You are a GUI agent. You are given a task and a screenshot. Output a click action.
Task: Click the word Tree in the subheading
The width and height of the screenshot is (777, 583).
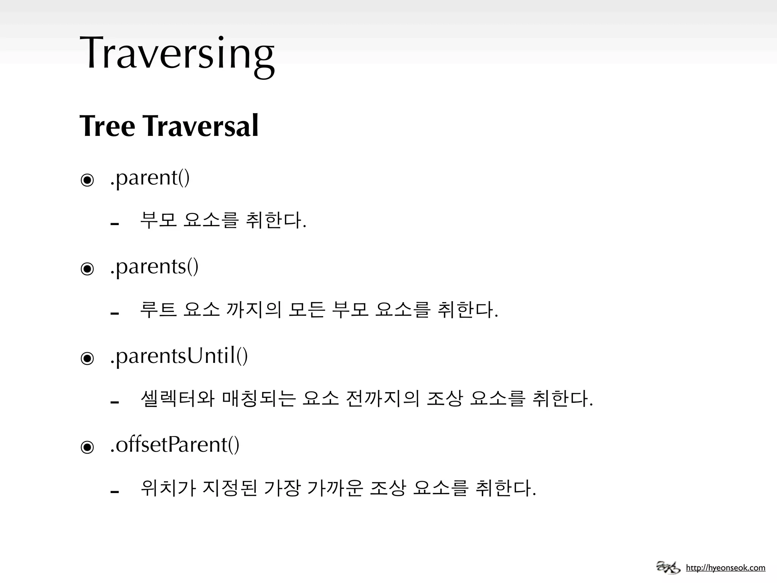[x=107, y=126]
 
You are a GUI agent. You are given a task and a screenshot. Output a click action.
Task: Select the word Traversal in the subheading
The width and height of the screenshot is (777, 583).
[x=201, y=126]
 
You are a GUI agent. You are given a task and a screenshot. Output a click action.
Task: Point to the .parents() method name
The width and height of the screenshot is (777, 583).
[x=154, y=266]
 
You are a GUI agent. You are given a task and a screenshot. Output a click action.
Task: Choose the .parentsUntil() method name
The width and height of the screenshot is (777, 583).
[x=179, y=356]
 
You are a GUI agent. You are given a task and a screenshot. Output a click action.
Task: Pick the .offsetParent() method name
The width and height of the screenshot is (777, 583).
[x=175, y=444]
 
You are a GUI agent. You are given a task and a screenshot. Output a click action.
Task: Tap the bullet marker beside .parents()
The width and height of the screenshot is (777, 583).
[x=87, y=269]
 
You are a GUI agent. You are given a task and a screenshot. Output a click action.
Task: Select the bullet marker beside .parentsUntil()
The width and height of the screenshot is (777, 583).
[x=87, y=358]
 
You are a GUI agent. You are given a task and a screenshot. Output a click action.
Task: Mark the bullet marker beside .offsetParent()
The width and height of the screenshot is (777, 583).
[x=87, y=447]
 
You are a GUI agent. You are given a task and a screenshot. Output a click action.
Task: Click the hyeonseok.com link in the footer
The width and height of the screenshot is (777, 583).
[x=725, y=568]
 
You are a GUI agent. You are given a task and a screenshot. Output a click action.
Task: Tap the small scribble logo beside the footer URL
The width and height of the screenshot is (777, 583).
[x=668, y=567]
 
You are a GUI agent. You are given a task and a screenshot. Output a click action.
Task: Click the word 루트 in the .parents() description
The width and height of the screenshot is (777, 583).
[x=159, y=310]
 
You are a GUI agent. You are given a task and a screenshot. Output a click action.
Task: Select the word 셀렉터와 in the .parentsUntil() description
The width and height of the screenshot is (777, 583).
[x=178, y=399]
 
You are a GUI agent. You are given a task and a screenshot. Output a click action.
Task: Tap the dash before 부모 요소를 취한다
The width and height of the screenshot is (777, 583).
[x=115, y=224]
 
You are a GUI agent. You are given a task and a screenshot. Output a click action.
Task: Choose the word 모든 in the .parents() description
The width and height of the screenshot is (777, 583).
[x=307, y=310]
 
